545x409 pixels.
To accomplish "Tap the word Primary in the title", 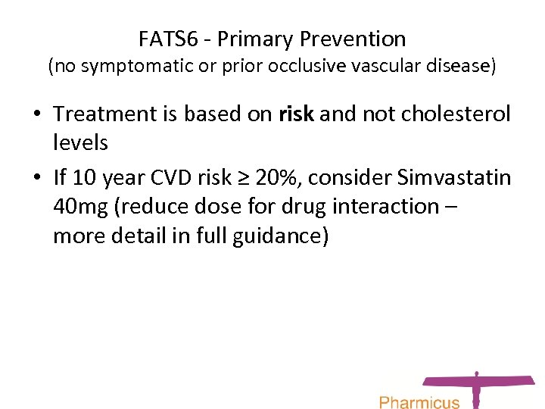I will [x=260, y=39].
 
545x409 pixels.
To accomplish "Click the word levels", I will [x=81, y=142].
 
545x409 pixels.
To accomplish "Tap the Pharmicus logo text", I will [x=419, y=401].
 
